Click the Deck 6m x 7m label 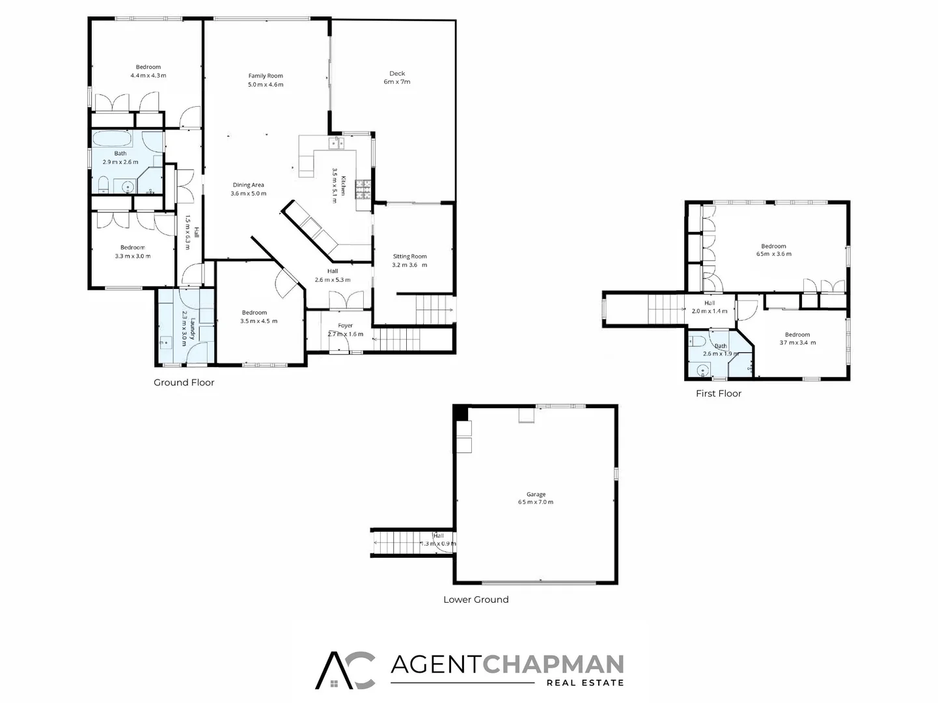397,77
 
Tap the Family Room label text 266,80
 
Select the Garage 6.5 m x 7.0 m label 536,499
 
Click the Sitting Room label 409,260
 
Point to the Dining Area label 249,189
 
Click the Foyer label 345,329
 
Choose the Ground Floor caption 184,383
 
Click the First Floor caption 719,394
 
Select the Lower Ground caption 476,600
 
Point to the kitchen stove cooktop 363,189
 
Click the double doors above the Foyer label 346,300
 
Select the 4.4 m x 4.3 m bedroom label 148,71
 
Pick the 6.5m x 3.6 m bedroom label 773,250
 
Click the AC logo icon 346,670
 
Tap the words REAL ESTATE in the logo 585,683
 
